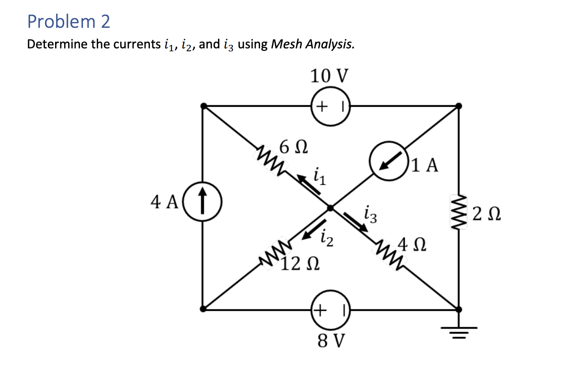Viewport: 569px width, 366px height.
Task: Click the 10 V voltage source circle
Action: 330,106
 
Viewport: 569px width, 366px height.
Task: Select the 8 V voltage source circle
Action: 330,309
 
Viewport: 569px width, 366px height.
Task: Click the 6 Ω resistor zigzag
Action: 270,156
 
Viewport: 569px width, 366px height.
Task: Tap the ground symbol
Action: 459,327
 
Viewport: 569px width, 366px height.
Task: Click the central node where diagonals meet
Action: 330,208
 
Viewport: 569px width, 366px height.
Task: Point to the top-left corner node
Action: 203,106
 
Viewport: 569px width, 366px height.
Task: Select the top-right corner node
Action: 459,106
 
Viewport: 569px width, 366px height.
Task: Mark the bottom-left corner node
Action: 203,309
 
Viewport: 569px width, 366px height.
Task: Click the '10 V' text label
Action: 330,76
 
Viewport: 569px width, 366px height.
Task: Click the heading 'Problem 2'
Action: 68,21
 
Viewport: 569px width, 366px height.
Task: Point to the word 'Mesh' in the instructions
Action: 286,45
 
